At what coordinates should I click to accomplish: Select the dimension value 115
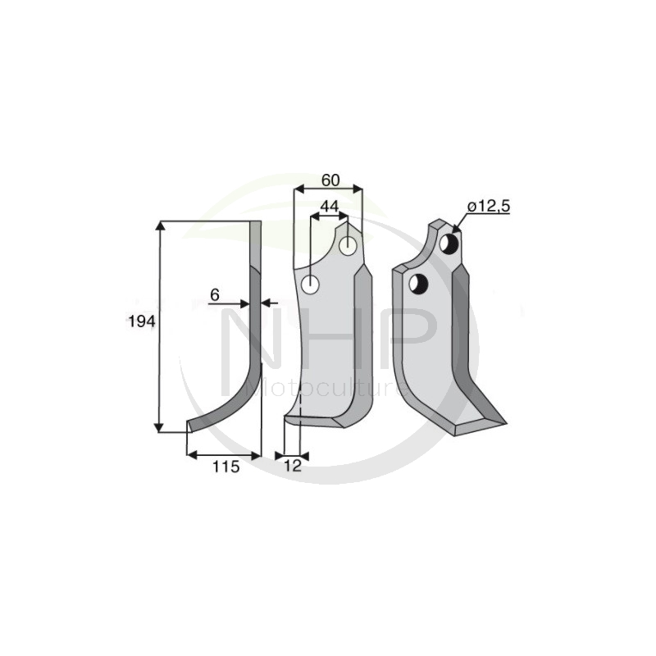(225, 467)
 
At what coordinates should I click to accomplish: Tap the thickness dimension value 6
(215, 294)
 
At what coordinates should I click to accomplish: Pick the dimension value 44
(330, 207)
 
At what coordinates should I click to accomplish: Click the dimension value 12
(293, 467)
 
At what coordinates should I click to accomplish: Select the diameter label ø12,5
(488, 207)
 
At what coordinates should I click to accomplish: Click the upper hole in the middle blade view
(349, 244)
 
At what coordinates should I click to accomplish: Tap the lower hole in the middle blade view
(311, 285)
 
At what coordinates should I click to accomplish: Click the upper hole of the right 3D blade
(449, 243)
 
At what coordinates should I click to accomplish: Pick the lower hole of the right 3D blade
(419, 284)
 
